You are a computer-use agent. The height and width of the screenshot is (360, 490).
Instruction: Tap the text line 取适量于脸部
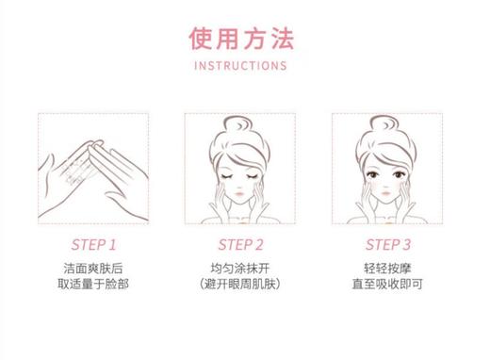pos(93,284)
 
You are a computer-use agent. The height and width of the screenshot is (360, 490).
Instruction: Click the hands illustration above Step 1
pos(92,170)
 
